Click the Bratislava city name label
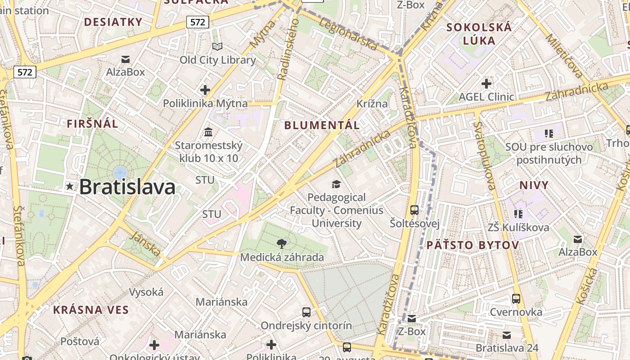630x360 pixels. pos(127,187)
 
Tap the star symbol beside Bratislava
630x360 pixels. pos(70,186)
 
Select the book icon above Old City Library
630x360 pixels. pos(217,47)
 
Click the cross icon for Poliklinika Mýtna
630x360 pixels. pos(205,90)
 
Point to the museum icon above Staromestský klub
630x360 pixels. pos(208,132)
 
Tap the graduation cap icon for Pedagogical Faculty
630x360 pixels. pos(336,184)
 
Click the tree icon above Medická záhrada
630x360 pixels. pos(282,244)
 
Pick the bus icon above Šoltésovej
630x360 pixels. pos(414,210)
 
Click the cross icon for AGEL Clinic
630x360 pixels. pos(486,83)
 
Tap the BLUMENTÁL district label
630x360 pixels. pos(322,125)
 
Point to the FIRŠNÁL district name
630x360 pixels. pos(93,124)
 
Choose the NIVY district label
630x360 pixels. pos(534,185)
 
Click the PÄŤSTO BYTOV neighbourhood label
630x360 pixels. pos(472,245)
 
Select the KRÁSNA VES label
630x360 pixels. pos(91,310)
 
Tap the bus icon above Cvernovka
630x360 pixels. pos(516,299)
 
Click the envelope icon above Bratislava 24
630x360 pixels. pos(507,335)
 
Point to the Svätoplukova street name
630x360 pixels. pos(485,155)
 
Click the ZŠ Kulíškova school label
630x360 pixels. pos(518,227)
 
